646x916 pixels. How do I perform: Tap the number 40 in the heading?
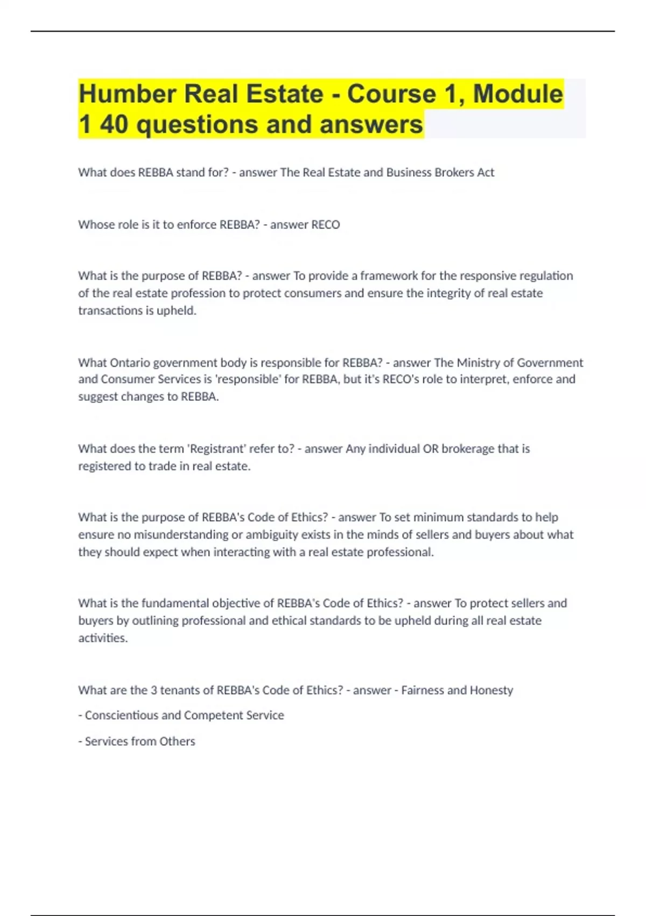114,124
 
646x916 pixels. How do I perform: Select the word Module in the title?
518,94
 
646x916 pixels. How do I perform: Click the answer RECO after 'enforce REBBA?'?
326,225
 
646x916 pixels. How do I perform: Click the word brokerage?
468,449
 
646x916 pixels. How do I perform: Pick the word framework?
389,276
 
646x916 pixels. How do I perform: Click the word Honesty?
491,690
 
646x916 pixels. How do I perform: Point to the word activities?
103,638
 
